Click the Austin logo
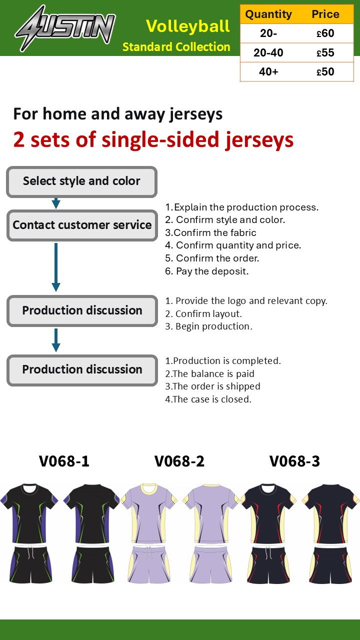65,28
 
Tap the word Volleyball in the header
187,26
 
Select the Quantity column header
268,14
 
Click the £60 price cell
325,33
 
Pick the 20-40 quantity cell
268,52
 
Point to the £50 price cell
325,71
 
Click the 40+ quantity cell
268,71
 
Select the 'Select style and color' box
81,182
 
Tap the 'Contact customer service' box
82,225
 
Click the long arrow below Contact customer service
56,267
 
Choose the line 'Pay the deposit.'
207,271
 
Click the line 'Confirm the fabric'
210,232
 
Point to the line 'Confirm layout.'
203,313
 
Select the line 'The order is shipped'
212,386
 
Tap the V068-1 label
64,461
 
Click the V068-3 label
294,461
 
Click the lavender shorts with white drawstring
148,564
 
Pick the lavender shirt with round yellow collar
148,513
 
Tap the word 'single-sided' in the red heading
160,139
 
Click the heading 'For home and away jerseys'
117,114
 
